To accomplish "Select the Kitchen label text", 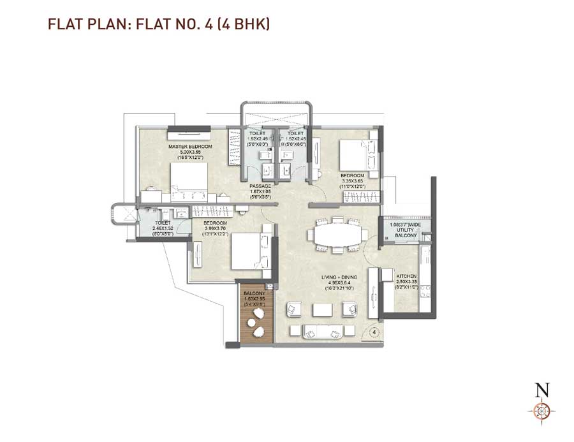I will pos(406,277).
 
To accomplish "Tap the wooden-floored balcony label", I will pos(254,294).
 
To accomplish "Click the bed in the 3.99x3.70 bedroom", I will pos(247,251).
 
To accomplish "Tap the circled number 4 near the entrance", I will pos(374,332).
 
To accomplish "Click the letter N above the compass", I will pos(542,390).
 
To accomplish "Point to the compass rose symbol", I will pos(542,411).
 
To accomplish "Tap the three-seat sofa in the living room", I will pos(318,331).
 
